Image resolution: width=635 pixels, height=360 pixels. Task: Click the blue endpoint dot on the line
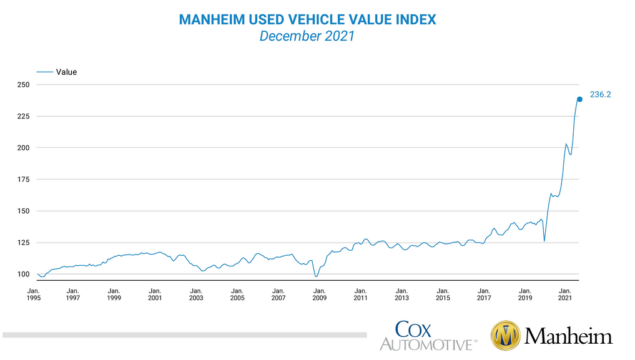pyautogui.click(x=579, y=99)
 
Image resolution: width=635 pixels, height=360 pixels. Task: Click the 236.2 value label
pyautogui.click(x=601, y=95)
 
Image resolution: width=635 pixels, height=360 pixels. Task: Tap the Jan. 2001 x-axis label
pyautogui.click(x=155, y=294)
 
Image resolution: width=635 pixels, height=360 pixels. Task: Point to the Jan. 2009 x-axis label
pyautogui.click(x=319, y=294)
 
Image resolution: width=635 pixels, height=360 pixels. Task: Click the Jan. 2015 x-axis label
pyautogui.click(x=442, y=294)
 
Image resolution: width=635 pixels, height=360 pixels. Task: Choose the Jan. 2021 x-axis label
pyautogui.click(x=565, y=294)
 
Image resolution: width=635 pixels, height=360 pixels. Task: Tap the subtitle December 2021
pyautogui.click(x=307, y=36)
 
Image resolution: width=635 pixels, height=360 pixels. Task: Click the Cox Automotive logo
pyautogui.click(x=428, y=335)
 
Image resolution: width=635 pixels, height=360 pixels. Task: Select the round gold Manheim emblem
pyautogui.click(x=506, y=336)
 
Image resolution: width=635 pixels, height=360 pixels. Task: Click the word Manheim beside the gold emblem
pyautogui.click(x=569, y=337)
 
